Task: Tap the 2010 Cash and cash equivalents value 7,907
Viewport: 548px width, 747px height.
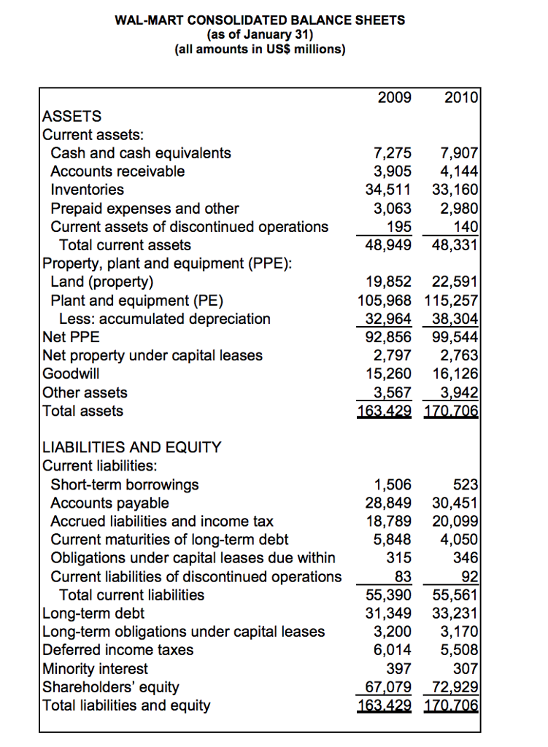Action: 460,153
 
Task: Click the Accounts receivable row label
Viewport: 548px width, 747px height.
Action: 117,171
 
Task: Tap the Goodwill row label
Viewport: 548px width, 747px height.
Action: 72,374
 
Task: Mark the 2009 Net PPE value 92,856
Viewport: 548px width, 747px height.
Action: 388,337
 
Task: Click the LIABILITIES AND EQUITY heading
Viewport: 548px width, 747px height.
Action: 132,447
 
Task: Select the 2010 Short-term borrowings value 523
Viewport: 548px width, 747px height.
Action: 466,484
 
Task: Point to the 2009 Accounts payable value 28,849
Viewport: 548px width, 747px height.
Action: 388,503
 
